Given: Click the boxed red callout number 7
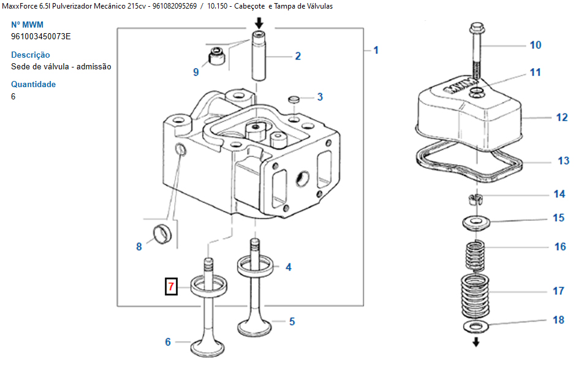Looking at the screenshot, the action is [x=171, y=287].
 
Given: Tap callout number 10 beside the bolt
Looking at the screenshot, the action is [x=535, y=45].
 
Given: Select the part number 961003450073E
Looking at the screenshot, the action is [x=41, y=36].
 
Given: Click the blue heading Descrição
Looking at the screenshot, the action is [x=31, y=55].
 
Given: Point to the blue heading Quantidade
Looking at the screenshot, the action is [x=34, y=84].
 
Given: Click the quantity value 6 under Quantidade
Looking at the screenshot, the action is [x=13, y=96].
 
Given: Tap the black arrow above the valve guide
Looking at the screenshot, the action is [x=259, y=23].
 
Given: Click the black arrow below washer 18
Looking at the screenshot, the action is [x=476, y=342].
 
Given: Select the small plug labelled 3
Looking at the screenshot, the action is [x=294, y=99].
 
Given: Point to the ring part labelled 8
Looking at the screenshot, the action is [x=162, y=234].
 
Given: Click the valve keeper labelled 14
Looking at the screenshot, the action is [x=476, y=199].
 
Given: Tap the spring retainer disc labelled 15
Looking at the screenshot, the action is [x=476, y=223].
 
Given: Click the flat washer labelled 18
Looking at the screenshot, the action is [x=476, y=326].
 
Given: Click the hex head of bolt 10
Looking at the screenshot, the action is [x=476, y=28].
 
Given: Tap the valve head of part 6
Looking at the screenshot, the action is [x=207, y=347].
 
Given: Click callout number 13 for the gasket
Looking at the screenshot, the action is [x=563, y=161].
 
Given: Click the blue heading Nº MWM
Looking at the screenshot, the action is [x=27, y=25].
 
